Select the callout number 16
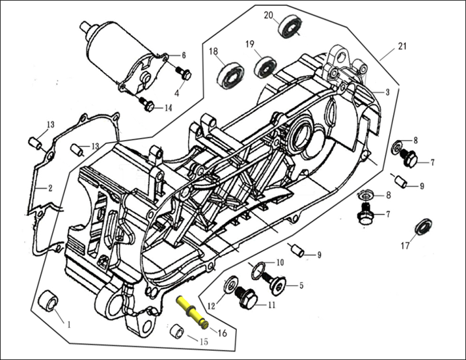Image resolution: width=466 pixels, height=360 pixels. [222, 333]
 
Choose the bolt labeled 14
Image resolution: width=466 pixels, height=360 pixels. [146, 103]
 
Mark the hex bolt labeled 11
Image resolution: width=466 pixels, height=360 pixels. [248, 299]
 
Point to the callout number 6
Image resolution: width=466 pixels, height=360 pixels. [184, 55]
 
